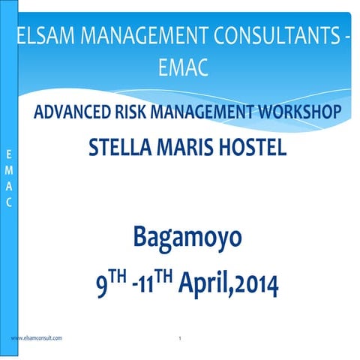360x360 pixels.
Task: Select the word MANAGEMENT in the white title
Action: [x=141, y=34]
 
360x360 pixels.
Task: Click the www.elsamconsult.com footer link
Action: [x=37, y=339]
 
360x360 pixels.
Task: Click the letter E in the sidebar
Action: [x=8, y=155]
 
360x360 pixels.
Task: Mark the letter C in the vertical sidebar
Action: [x=8, y=202]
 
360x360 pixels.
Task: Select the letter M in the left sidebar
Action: [x=8, y=171]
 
